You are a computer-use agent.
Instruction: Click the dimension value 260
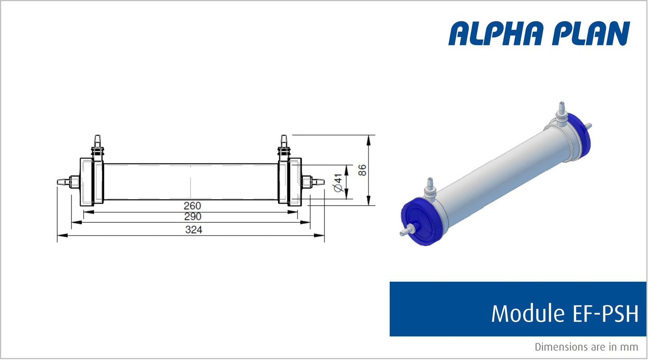coord(193,206)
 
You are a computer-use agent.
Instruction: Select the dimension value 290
coord(193,217)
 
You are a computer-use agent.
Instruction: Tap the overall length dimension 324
coord(193,230)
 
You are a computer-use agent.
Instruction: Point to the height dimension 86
coord(362,170)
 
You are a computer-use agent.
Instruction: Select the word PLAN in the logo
coord(591,34)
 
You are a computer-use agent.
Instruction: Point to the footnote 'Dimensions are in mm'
coord(587,347)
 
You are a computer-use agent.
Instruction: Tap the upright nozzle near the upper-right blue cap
coord(562,111)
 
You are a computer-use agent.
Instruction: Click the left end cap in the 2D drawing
coord(87,182)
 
